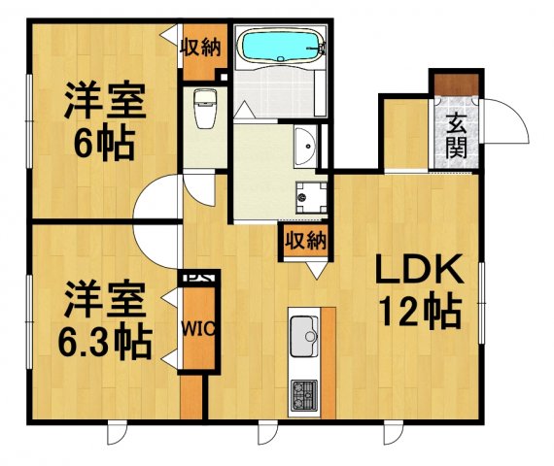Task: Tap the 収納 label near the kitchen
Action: [x=304, y=240]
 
